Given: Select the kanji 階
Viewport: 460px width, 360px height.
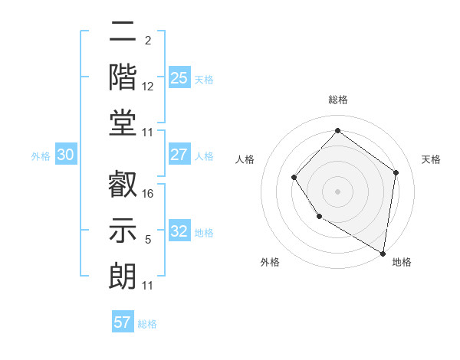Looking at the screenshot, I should point(122,77).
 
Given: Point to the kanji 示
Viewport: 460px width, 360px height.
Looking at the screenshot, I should point(122,229).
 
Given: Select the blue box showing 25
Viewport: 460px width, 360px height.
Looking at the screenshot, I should point(179,77).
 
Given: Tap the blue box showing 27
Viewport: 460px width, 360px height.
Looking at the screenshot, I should point(179,155).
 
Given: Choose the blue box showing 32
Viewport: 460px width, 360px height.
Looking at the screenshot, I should point(179,231).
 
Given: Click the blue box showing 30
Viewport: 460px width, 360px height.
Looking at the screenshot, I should point(65,155).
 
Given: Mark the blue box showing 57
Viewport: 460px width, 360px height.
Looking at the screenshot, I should point(123,322).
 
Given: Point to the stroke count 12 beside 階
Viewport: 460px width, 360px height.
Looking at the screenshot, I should point(148,87).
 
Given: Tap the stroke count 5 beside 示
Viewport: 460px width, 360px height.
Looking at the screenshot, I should point(148,241).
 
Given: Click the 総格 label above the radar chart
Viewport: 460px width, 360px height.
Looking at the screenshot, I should point(337,100).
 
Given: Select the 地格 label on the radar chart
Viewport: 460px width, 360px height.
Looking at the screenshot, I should point(402,262).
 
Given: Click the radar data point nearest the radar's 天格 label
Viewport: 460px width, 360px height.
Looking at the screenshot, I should point(396,172).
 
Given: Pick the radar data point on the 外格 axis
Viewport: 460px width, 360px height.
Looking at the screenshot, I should point(319,218).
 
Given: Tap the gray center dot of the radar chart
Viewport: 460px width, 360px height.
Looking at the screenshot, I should point(337,191).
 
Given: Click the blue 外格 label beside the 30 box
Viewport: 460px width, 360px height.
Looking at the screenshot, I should point(41,156).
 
